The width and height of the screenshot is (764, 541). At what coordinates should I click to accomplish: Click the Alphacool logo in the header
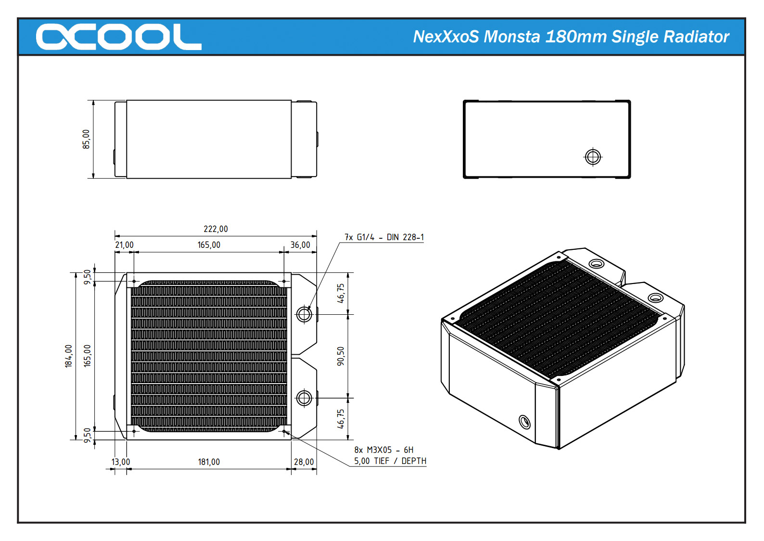(x=119, y=37)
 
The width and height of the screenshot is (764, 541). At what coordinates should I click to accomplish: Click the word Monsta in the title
(x=512, y=37)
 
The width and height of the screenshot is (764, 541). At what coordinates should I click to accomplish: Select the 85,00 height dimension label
(x=86, y=139)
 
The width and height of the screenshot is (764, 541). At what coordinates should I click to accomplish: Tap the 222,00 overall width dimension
(x=216, y=229)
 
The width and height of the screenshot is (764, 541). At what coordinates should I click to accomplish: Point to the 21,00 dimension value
(x=124, y=245)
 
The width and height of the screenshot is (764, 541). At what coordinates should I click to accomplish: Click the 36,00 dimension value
(x=300, y=245)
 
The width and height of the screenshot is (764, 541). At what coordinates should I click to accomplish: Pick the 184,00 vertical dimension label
(x=68, y=356)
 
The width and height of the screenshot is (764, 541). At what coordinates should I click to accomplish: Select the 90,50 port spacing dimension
(x=341, y=356)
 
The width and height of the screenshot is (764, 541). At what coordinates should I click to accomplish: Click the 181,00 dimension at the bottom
(x=209, y=462)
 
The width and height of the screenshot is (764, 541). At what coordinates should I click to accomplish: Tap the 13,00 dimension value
(x=121, y=462)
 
